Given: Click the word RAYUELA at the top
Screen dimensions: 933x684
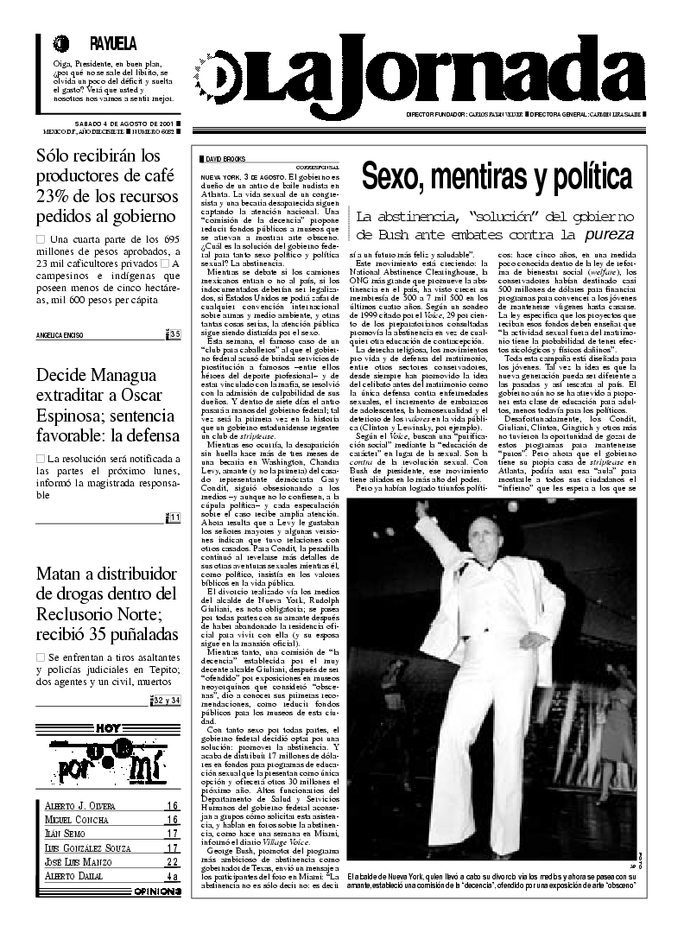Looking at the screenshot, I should coord(113,44).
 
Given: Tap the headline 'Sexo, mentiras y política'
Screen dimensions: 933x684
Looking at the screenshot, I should coord(496,176).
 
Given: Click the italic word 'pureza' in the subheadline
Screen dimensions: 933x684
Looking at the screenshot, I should coord(609,233).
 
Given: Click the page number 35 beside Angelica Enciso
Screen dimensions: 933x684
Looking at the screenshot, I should coord(174,335).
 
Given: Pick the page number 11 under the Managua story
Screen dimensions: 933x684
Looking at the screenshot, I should coord(174,517).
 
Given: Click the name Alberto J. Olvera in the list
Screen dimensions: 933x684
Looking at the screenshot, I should coord(79,806).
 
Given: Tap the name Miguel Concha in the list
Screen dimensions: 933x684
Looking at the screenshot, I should coord(77,820).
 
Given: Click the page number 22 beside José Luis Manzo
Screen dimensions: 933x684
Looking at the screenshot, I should coord(172,861).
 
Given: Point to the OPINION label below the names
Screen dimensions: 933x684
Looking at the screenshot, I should coord(156,892).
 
